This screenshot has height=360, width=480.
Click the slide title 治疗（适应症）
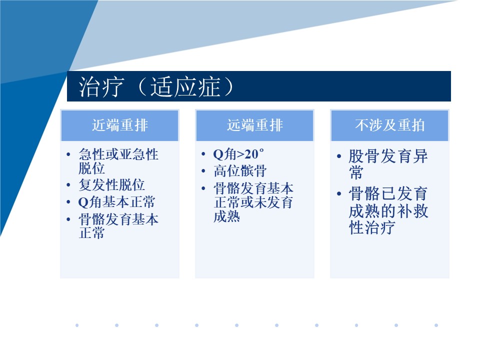tap(156, 87)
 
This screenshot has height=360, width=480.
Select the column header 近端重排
tap(119, 125)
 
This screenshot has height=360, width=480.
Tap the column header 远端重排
tap(254, 125)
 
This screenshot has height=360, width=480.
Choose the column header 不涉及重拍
tap(389, 125)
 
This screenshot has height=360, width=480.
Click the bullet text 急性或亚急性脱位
tap(118, 161)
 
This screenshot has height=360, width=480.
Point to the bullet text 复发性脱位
tap(111, 185)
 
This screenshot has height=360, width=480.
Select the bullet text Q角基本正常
tap(116, 202)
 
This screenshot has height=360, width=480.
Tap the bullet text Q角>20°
tap(238, 154)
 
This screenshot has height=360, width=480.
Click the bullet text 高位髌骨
tap(240, 171)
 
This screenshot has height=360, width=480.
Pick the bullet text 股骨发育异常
tap(388, 164)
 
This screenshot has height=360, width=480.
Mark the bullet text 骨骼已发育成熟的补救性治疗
tap(388, 210)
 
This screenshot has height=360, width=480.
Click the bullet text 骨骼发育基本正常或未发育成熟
tap(253, 202)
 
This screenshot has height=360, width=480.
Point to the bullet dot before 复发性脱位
tap(68, 185)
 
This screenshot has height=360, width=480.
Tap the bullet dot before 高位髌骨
tap(203, 171)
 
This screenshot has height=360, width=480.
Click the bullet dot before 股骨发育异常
tap(339, 156)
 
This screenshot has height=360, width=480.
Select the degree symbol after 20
tap(261, 150)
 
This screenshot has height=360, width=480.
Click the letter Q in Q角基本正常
tap(83, 202)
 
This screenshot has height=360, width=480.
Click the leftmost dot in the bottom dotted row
tap(77, 325)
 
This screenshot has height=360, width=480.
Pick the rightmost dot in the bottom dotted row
tap(436, 325)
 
